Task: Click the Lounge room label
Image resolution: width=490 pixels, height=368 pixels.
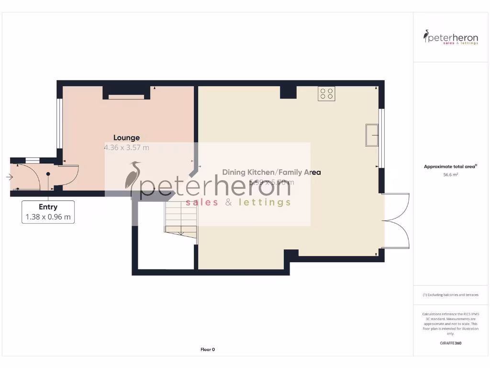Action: point(126,138)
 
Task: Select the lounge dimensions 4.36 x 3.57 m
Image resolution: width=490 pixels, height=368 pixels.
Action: point(126,148)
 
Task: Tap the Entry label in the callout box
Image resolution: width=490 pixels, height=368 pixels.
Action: point(48,207)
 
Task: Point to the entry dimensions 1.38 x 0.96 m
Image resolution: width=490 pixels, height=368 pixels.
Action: point(48,217)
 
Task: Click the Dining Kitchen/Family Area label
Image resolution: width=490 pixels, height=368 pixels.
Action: point(271,172)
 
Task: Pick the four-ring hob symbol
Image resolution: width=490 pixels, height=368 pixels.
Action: point(326,93)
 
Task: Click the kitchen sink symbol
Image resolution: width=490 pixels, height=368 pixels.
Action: point(372,135)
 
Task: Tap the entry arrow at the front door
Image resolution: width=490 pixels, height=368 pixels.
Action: point(10,177)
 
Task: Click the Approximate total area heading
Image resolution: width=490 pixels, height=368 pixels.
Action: point(450,167)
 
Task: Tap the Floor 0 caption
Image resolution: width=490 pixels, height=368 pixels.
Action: point(208,349)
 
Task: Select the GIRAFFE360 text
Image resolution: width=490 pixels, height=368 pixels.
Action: point(450,343)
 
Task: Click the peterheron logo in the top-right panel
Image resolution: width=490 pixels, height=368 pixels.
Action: point(450,37)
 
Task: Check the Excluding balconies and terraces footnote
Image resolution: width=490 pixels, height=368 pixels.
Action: point(450,295)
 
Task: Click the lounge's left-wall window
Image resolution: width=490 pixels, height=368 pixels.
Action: point(59,123)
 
